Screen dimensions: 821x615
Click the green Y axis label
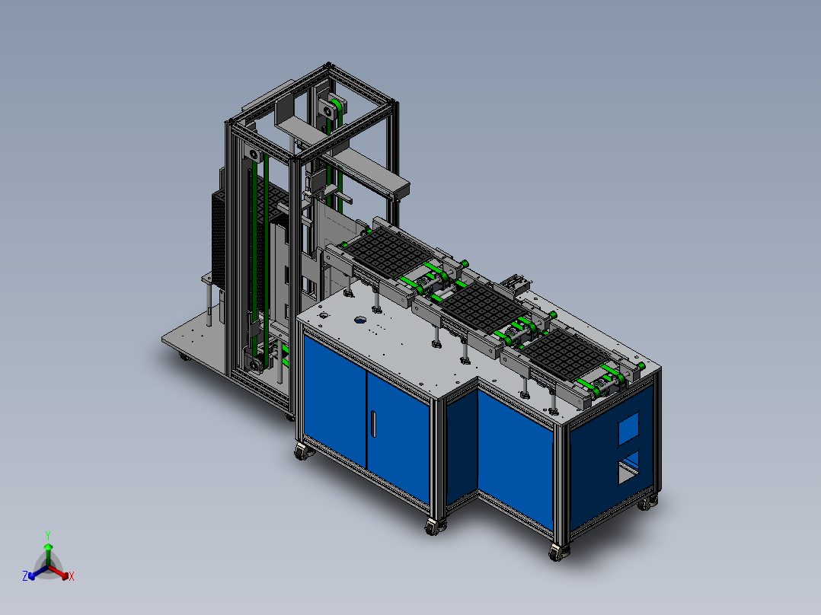(48, 535)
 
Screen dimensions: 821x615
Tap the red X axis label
(72, 576)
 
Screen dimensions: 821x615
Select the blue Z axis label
(25, 575)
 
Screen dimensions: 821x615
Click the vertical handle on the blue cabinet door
(373, 424)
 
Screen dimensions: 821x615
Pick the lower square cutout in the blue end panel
(629, 467)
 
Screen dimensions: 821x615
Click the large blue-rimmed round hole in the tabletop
(361, 319)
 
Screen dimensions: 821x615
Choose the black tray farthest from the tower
(567, 354)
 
